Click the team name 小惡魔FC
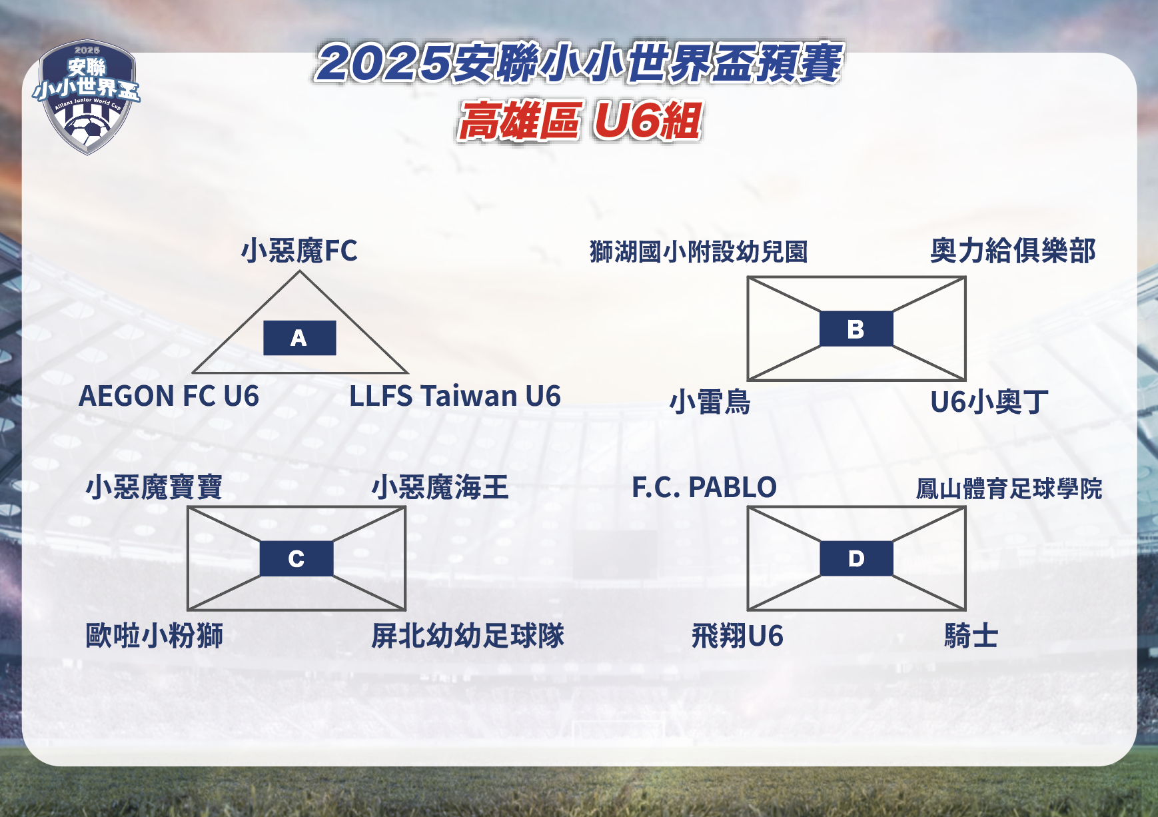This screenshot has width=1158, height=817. (x=299, y=251)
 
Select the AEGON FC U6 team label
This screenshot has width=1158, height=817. (x=169, y=396)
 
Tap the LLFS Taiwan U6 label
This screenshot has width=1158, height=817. (x=455, y=396)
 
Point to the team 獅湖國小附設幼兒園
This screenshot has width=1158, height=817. (x=699, y=252)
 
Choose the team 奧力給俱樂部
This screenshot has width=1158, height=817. (x=1013, y=251)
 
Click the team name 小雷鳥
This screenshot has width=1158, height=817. (x=710, y=402)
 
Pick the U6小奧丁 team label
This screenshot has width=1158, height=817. (x=989, y=402)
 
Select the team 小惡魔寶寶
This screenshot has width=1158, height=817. (x=155, y=487)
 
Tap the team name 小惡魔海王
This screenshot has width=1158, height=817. (x=440, y=487)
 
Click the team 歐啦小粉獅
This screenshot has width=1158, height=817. (x=155, y=635)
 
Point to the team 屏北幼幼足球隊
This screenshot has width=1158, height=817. (x=468, y=635)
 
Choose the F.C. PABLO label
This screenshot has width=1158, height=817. (x=704, y=487)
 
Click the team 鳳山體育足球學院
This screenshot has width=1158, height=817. (x=1009, y=488)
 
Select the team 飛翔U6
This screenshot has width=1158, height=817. (x=738, y=635)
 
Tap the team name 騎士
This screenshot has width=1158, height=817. (x=971, y=635)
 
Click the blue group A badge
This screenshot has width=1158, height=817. (x=300, y=338)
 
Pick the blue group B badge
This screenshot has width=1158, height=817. (x=856, y=329)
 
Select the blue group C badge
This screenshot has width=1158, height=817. (x=296, y=558)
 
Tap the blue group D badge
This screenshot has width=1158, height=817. (x=856, y=558)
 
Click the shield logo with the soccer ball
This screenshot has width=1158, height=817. (x=87, y=97)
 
